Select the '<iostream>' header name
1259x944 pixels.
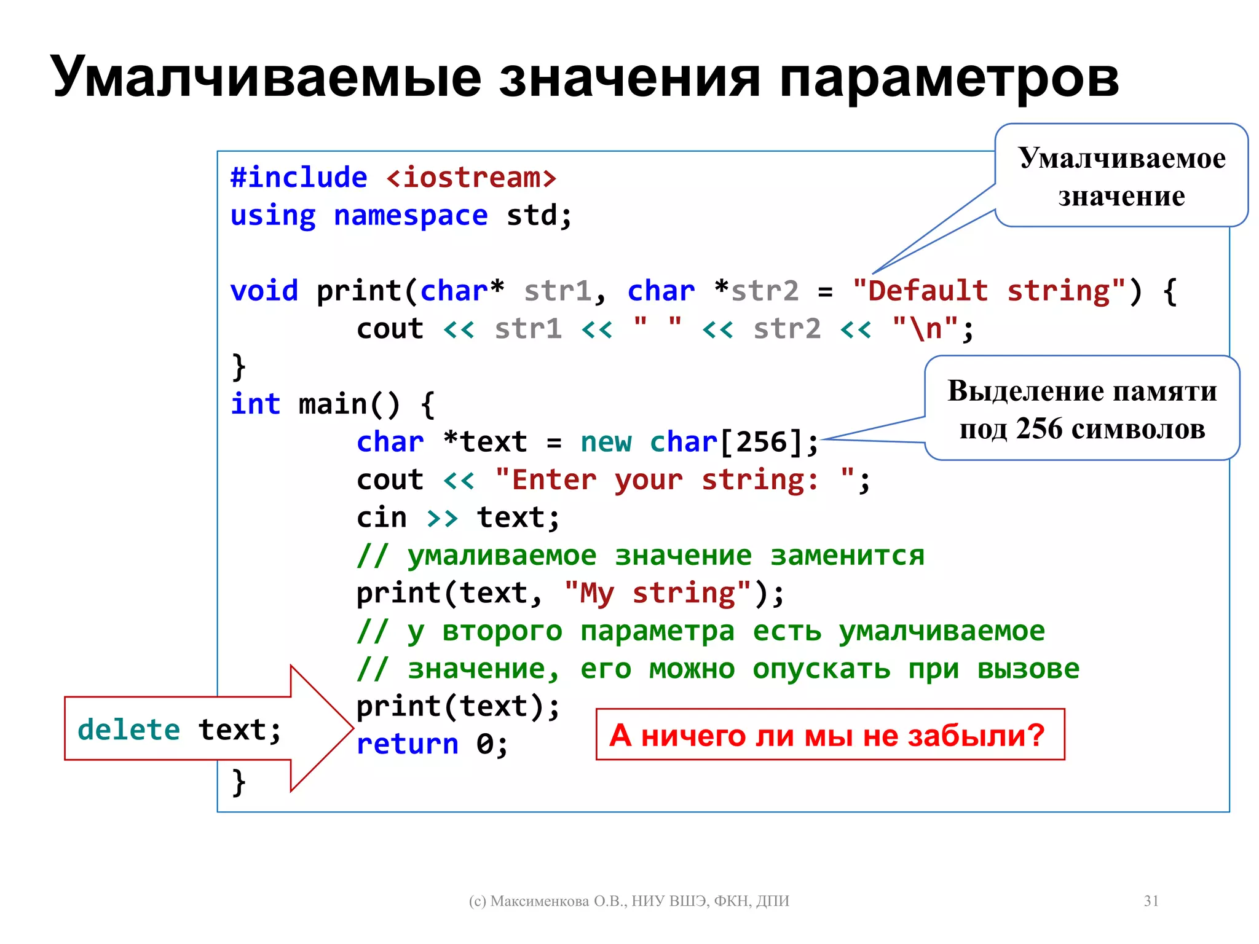click(x=471, y=178)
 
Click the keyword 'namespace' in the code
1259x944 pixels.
click(x=410, y=216)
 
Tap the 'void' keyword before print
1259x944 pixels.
click(x=264, y=291)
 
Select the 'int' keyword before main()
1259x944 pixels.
click(x=255, y=404)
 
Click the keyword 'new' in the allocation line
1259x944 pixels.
click(x=606, y=442)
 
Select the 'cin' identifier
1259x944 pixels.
click(x=381, y=517)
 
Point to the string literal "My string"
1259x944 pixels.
click(x=657, y=593)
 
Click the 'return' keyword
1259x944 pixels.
click(x=407, y=744)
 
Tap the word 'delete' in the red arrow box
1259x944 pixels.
click(x=128, y=730)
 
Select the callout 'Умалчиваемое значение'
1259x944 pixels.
click(x=1121, y=176)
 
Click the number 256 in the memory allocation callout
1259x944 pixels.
click(x=1039, y=429)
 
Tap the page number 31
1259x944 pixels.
click(x=1151, y=901)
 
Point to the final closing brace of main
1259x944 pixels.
click(x=239, y=782)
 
